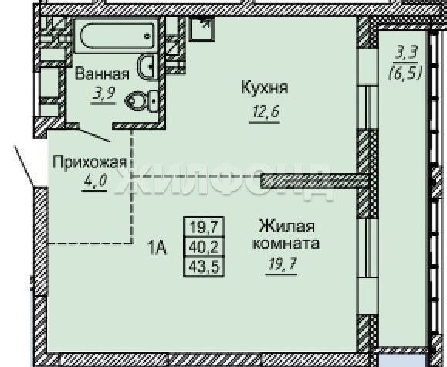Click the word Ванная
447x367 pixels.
[102, 73]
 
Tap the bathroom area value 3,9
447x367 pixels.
[103, 93]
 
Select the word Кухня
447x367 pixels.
[265, 87]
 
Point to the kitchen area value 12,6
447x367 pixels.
[265, 111]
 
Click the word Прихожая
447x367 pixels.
[90, 162]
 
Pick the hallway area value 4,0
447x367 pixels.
[95, 180]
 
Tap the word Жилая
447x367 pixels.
[286, 226]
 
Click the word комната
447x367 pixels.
[286, 243]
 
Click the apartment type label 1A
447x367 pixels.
[157, 247]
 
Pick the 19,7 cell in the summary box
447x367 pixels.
[204, 227]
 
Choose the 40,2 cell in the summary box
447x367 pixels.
[204, 247]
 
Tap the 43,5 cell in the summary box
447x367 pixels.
[204, 267]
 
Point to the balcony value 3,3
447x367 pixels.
[405, 53]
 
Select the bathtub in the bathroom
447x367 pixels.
[117, 36]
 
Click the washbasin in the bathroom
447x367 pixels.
[147, 66]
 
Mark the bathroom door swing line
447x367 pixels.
[94, 135]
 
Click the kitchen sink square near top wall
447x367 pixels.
[201, 29]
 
